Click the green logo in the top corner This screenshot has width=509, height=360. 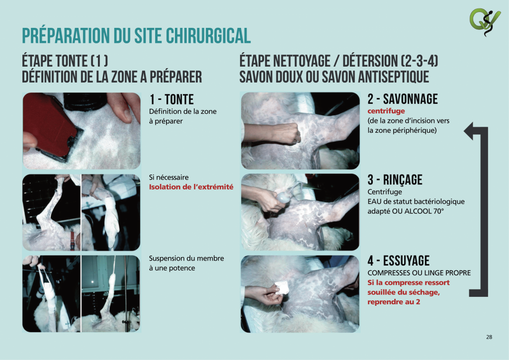click(x=485, y=22)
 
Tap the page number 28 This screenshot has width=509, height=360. click(x=489, y=337)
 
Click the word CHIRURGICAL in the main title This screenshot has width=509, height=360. click(x=208, y=35)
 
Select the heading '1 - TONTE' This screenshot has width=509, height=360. click(x=171, y=99)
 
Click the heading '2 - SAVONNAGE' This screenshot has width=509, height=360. click(x=403, y=99)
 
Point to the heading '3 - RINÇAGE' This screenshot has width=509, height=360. click(x=395, y=180)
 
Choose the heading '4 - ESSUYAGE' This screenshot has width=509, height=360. click(x=398, y=261)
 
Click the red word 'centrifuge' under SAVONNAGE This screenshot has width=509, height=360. click(x=386, y=111)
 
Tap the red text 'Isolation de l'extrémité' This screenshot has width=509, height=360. click(x=191, y=187)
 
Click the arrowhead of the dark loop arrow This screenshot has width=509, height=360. click(x=469, y=131)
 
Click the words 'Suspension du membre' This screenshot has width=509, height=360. click(x=186, y=259)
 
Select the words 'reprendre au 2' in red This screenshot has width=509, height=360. click(x=394, y=302)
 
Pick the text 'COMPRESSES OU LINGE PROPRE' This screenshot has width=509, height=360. click(x=419, y=273)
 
